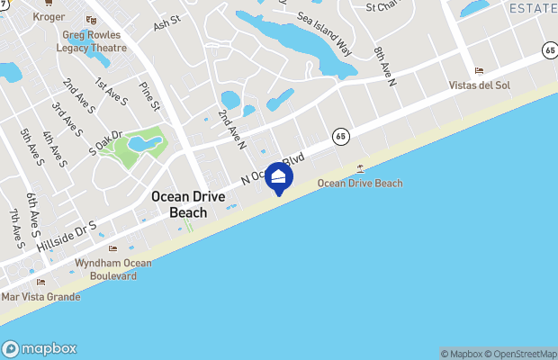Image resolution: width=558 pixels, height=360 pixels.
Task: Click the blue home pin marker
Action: click(279, 178)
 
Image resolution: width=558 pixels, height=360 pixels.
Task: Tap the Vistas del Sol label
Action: click(479, 85)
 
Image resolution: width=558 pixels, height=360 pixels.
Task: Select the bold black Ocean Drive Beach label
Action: click(189, 205)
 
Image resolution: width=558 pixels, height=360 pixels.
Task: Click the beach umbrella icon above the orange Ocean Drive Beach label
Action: click(361, 168)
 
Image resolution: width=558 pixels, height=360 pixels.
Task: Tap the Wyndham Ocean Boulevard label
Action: click(112, 269)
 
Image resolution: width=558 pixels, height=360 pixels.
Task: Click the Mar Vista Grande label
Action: click(40, 296)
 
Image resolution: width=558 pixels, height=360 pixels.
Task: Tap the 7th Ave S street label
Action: click(16, 229)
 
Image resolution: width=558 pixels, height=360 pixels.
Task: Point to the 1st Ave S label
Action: click(112, 92)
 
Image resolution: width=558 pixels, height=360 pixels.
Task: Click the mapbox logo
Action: click(40, 349)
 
